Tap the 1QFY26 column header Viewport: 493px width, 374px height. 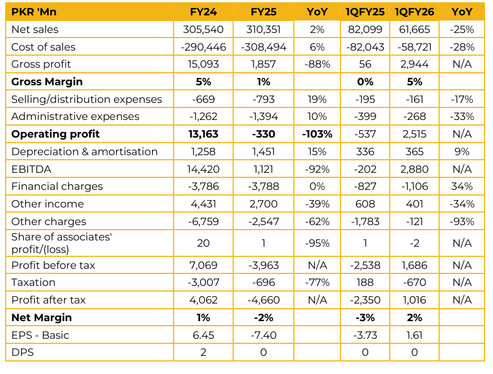point(414,12)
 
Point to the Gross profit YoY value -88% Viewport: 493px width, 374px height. point(317,64)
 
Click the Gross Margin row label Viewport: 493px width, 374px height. point(47,82)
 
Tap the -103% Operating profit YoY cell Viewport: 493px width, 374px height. point(317,134)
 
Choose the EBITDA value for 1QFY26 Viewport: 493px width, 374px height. point(414,169)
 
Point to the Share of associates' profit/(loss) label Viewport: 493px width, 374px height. point(62,243)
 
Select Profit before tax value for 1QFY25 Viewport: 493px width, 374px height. point(365,265)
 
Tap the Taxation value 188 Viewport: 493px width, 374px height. point(365,282)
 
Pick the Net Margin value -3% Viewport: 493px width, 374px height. point(365,318)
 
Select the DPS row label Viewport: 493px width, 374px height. point(23,352)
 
